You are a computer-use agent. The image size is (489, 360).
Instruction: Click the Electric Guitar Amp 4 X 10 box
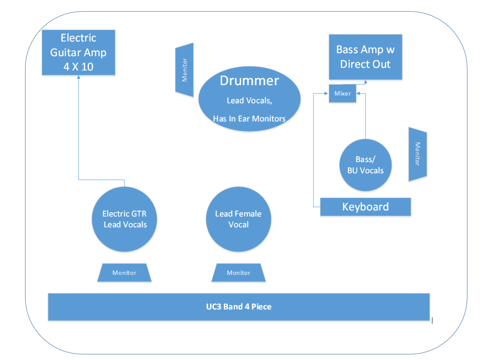point(78,52)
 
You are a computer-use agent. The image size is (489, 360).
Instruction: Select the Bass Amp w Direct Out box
point(365,57)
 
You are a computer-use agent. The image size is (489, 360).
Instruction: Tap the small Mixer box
point(343,93)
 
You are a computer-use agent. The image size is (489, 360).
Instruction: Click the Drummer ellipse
point(249,99)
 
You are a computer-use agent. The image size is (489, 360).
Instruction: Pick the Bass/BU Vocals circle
point(365,165)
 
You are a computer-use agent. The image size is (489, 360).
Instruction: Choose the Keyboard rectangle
point(365,207)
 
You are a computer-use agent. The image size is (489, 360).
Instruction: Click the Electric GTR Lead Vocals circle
point(124,219)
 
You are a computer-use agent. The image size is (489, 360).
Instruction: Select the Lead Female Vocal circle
point(238,219)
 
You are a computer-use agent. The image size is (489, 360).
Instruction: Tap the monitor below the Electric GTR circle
point(124,273)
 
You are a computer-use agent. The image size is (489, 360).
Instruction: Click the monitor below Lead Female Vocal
point(238,273)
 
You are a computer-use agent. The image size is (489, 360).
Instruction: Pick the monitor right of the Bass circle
point(417,153)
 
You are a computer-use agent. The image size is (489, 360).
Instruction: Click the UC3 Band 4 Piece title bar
point(238,307)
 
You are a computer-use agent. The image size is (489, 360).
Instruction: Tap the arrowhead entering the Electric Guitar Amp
point(78,77)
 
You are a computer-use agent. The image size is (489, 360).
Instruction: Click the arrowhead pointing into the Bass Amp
point(365,81)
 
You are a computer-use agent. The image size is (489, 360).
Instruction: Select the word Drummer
point(249,80)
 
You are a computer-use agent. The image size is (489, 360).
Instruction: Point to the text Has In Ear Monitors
point(249,118)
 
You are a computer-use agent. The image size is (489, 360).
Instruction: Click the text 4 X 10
point(78,67)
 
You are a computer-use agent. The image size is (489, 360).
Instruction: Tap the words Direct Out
point(365,64)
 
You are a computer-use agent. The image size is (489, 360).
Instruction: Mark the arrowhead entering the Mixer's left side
point(327,93)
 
